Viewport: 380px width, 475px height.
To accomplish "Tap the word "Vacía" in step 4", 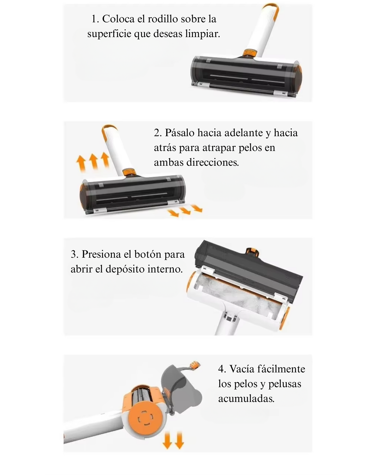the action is [x=241, y=369].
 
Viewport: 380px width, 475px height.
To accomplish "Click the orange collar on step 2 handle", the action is [x=129, y=171].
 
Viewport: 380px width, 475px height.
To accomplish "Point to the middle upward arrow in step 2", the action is [x=93, y=161].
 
